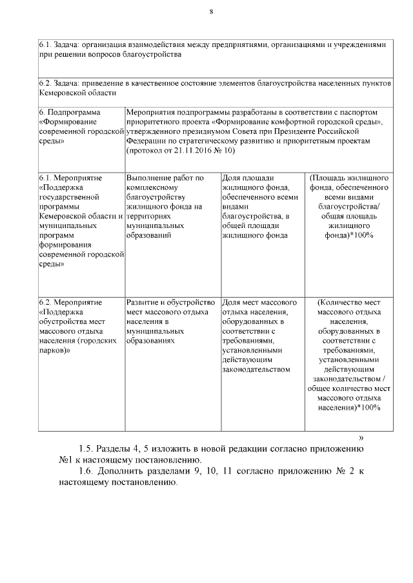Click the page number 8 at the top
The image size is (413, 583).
[211, 11]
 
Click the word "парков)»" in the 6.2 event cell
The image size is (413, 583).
[54, 352]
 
